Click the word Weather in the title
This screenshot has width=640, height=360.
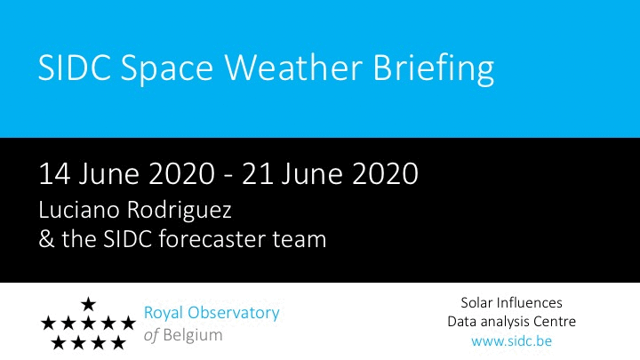point(293,67)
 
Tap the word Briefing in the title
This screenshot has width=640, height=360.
point(434,69)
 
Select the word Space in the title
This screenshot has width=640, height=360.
point(166,69)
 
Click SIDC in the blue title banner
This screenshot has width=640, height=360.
point(75,68)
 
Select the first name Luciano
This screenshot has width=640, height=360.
point(79,210)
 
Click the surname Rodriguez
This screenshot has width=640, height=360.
point(180,212)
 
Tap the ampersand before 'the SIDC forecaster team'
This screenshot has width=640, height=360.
point(46,240)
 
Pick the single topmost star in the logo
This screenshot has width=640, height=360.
point(88,304)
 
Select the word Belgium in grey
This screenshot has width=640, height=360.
point(193,335)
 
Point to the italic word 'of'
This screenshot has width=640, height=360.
point(151,335)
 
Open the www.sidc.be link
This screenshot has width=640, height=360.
point(511,340)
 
